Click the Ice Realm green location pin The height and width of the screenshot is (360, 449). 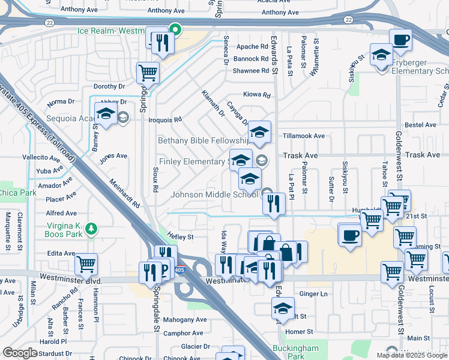(x=175, y=29)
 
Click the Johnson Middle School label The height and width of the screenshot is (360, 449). (x=214, y=194)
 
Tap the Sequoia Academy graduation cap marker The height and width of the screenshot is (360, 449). (x=106, y=115)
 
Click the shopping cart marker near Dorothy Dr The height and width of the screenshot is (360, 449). (x=148, y=73)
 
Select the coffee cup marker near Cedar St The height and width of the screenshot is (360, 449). (x=400, y=40)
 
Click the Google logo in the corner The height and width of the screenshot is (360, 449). (x=19, y=353)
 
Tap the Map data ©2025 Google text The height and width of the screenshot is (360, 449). (x=412, y=355)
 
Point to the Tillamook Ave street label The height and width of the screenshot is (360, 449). (x=303, y=136)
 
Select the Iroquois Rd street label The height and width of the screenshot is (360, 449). (x=165, y=119)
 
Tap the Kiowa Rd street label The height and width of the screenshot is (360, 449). (x=257, y=95)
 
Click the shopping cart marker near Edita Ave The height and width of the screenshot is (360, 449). (x=86, y=264)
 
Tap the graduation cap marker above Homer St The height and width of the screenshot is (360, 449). (x=283, y=309)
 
